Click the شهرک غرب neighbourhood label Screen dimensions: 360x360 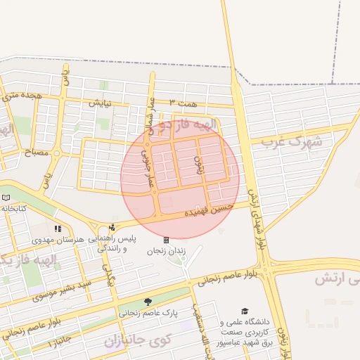[x=291, y=141]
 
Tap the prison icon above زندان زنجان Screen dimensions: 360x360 [x=166, y=240]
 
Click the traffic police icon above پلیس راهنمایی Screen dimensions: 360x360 [x=112, y=227]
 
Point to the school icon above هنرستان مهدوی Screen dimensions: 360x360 [x=58, y=229]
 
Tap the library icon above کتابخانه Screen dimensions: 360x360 [x=6, y=198]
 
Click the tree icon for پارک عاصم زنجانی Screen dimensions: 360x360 [x=148, y=302]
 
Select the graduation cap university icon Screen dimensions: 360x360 [x=245, y=311]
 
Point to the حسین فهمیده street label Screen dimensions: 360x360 [x=207, y=208]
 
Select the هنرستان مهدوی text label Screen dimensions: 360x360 [x=79, y=239]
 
